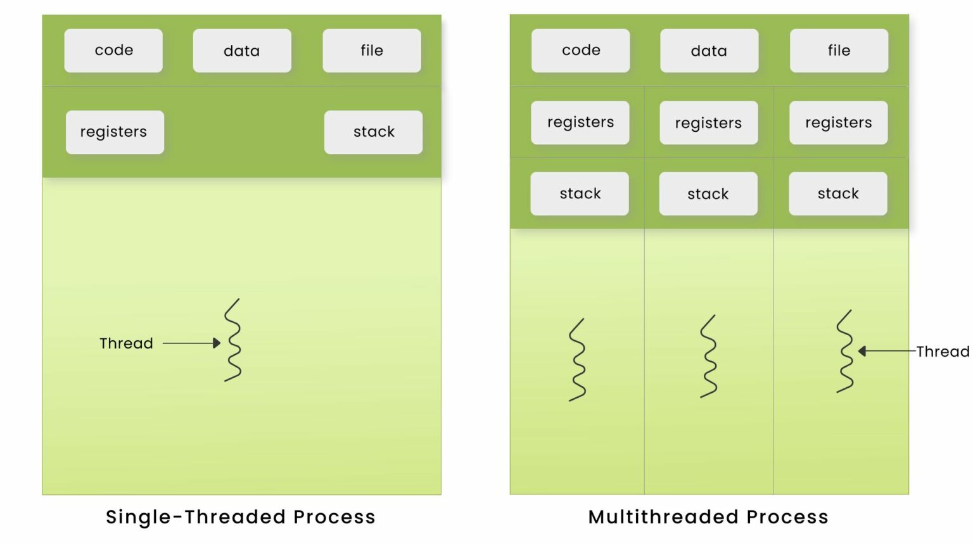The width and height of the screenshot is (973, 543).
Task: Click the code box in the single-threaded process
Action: (113, 51)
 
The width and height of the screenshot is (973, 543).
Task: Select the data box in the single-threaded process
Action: (242, 51)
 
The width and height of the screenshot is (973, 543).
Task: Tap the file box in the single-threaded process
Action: (372, 51)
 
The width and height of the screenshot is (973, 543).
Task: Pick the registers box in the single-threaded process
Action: (115, 132)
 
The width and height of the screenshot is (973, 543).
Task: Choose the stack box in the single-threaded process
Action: (373, 132)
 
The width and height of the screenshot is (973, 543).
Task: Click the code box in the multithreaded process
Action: (580, 51)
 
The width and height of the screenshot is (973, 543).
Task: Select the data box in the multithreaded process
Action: (709, 51)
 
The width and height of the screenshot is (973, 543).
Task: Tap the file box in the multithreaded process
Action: (839, 51)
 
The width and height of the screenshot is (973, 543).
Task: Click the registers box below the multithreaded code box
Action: (580, 122)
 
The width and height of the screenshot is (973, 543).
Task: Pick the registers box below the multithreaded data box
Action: (708, 123)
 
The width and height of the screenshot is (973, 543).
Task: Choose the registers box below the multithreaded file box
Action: (838, 122)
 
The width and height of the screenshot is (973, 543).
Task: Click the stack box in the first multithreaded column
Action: (580, 193)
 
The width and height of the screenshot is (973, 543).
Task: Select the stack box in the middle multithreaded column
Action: (708, 194)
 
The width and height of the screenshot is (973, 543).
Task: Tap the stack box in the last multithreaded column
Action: (837, 193)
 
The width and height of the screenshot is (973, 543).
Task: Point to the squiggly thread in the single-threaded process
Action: (233, 340)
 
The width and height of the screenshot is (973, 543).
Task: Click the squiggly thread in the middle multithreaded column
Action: (709, 356)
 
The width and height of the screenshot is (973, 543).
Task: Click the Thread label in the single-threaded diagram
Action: (126, 343)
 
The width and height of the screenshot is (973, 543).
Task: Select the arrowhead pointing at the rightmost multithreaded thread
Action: (862, 351)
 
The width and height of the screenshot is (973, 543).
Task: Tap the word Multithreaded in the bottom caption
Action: (663, 517)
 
